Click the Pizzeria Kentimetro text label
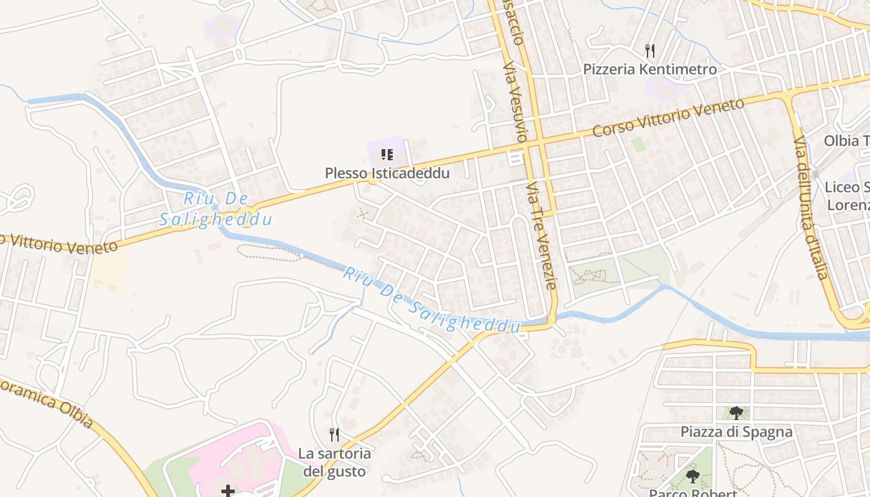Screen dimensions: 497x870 [649, 69]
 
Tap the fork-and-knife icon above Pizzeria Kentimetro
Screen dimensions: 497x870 [650, 50]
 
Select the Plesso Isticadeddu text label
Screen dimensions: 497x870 [387, 173]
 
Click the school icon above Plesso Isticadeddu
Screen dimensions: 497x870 [387, 154]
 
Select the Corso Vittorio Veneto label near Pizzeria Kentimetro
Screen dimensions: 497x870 [668, 117]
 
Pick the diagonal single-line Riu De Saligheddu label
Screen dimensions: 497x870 [432, 301]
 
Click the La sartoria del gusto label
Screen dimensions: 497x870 [334, 462]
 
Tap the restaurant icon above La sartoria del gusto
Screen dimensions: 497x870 [334, 434]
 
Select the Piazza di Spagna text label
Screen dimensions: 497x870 [736, 432]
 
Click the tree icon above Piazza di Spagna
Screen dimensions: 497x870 [736, 413]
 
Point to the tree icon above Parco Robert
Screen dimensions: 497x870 [693, 476]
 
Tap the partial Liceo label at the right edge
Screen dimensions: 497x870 [846, 196]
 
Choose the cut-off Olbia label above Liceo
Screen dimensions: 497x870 [846, 140]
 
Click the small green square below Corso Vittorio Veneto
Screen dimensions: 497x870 [638, 145]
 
